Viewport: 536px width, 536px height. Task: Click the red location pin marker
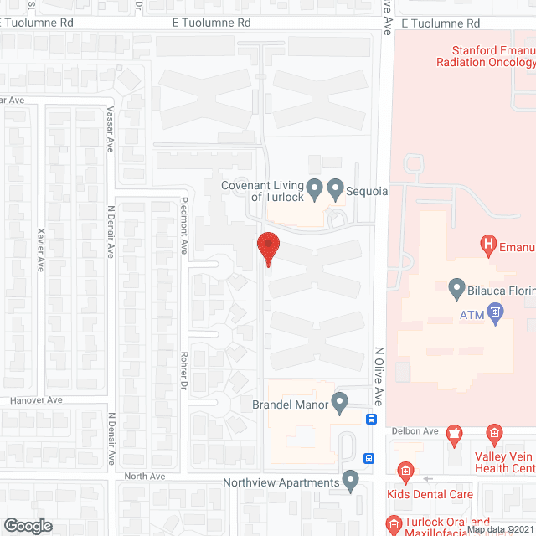(x=267, y=247)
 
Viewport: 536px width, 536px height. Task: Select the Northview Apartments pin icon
(x=351, y=481)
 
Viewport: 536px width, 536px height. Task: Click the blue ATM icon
(x=496, y=314)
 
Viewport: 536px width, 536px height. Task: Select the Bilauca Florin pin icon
(x=456, y=289)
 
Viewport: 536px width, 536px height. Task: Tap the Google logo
(x=28, y=525)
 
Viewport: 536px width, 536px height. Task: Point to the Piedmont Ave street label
(x=184, y=225)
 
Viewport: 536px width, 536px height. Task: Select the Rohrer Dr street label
(x=184, y=369)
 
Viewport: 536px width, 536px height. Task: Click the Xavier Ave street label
(x=41, y=250)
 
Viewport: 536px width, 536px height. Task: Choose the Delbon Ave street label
(x=418, y=432)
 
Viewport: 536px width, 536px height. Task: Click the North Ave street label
(x=146, y=477)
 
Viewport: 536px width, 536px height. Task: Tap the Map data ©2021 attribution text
(x=500, y=529)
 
